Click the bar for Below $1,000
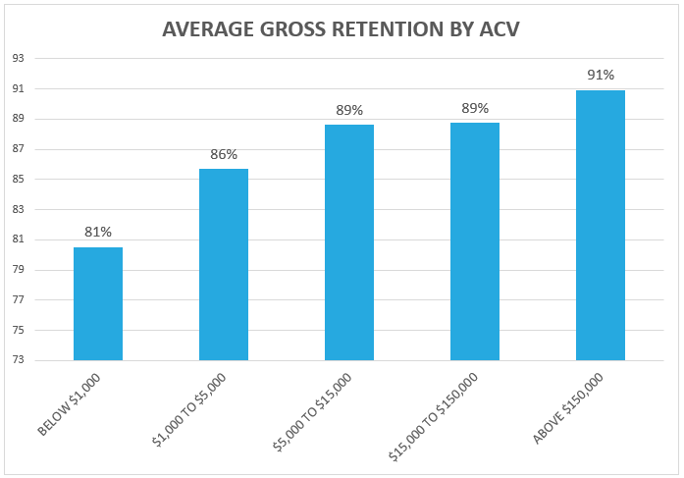tap(98, 303)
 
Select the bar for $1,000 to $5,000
tap(224, 264)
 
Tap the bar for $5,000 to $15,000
tap(349, 241)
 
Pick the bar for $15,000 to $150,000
tap(475, 240)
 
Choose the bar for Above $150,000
tap(601, 225)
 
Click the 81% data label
tap(98, 232)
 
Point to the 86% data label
tap(224, 154)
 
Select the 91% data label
tap(601, 75)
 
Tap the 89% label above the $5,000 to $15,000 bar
tap(349, 110)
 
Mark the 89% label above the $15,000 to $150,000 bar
tap(475, 108)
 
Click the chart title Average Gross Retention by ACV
tap(341, 30)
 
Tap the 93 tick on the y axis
tap(20, 59)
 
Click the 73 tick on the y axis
tap(20, 360)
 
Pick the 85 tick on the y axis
tap(20, 180)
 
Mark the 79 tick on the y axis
tap(20, 270)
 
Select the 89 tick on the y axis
tap(20, 120)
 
